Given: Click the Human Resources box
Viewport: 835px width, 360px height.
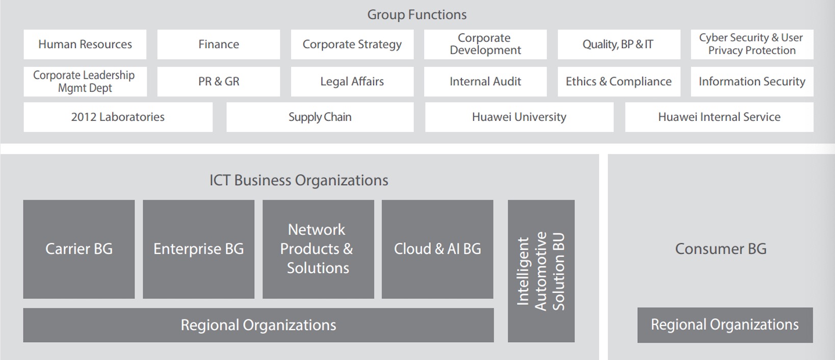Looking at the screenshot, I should coord(85,44).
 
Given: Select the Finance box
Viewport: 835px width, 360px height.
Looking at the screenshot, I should coord(218,44).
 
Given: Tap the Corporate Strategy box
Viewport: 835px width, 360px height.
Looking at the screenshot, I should coord(352,44).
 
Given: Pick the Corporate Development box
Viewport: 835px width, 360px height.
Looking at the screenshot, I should coord(485,44).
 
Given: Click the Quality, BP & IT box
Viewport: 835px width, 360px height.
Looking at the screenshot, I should coord(618,44).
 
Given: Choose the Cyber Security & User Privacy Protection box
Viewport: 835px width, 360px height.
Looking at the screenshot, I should coord(752,44).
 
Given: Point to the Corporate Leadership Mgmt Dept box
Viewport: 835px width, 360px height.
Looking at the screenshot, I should coord(85,82).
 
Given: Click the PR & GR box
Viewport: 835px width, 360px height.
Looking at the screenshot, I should coord(218,82).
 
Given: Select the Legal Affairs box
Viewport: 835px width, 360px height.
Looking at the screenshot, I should coord(352,82).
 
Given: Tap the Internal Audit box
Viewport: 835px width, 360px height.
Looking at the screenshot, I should coord(485,82).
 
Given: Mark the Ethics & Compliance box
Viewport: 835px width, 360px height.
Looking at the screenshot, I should coord(618,82).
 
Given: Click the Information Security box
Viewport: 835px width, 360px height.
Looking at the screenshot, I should coord(752,82).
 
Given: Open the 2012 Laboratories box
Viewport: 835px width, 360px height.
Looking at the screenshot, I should coord(118,117).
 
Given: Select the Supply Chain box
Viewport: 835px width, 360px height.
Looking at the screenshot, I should coord(320,117).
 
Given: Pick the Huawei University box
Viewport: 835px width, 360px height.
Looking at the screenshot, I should coord(519,117).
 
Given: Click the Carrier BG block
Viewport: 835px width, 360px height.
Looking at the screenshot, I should coord(79,249).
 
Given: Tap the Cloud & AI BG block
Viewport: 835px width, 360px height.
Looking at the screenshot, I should coord(437,249).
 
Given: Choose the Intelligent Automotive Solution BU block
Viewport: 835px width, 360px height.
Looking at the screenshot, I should coord(541,271).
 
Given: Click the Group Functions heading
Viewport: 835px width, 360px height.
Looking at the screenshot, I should coord(417,15).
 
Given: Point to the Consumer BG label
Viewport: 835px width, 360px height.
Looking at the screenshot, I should coord(721,249).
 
